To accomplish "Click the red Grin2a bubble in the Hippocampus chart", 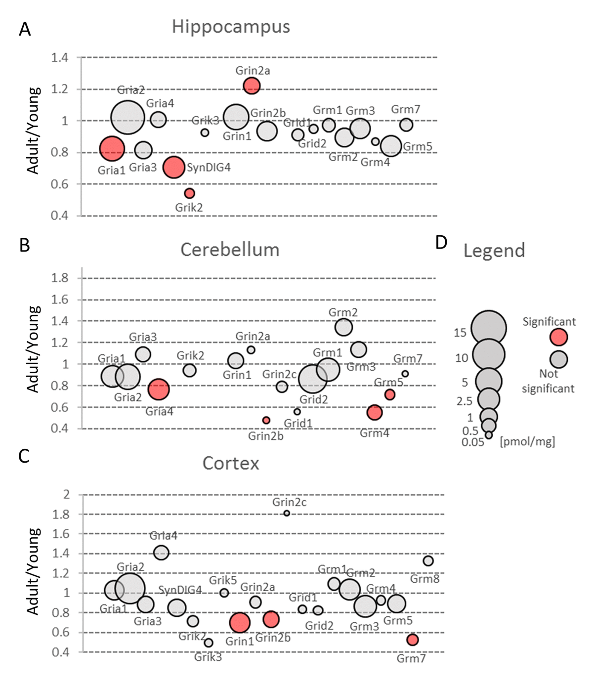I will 252,86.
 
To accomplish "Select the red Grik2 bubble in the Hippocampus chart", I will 189,193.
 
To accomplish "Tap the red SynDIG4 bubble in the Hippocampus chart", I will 174,167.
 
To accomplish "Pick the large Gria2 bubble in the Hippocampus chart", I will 127,118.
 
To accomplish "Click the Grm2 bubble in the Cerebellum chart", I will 343,327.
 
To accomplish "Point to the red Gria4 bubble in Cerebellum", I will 159,389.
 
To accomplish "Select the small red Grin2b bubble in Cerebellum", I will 266,420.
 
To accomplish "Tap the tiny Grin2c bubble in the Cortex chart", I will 287,513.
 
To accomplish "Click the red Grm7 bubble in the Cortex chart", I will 412,640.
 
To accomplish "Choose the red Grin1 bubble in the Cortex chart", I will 240,623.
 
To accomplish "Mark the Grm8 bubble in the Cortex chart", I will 428,561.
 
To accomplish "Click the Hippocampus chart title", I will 231,27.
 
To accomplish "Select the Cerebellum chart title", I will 230,250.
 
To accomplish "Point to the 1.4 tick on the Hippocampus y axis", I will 60,58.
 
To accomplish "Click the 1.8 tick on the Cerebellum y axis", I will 60,278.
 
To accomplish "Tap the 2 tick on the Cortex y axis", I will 67,494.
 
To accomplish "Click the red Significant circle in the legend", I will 559,337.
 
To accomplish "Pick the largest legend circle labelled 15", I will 488,328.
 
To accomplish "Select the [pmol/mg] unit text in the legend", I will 527,441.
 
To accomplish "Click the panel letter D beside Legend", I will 441,242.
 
